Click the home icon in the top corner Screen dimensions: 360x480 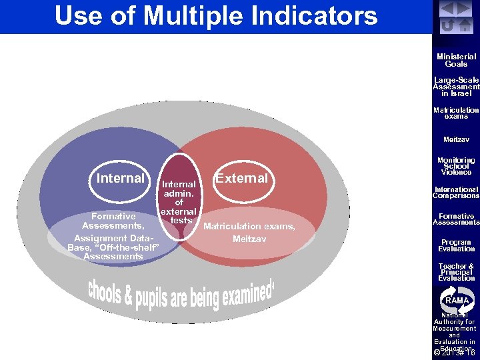coord(465,25)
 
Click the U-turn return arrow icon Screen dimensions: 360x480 coord(449,25)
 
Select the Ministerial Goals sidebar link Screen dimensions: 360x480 coord(456,61)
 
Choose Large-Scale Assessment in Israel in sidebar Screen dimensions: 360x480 coord(456,87)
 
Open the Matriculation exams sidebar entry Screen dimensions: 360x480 coord(456,113)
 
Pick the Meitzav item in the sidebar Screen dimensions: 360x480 coord(456,139)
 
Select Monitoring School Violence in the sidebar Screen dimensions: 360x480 coord(456,166)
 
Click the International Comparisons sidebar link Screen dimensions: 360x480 coord(456,193)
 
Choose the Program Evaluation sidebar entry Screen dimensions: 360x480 coord(456,245)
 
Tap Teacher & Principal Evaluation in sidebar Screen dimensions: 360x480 coord(456,272)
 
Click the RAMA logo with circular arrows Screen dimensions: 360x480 coord(456,300)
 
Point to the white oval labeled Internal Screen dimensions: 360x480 coord(121,179)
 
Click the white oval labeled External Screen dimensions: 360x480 coord(241,179)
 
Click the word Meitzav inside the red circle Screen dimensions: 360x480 coord(249,238)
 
